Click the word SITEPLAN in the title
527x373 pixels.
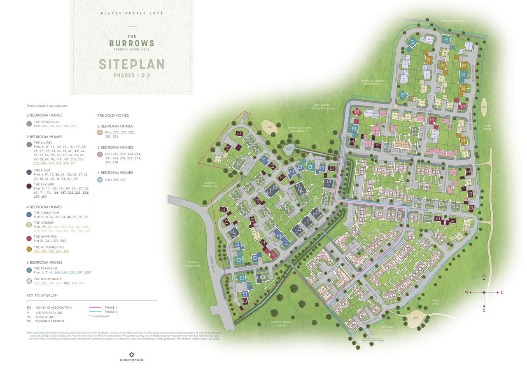point(131,64)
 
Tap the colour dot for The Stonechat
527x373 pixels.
point(29,124)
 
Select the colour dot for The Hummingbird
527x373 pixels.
point(29,249)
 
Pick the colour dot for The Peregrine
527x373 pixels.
point(29,270)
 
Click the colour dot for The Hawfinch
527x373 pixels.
point(29,238)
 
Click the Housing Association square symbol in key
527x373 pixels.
point(29,307)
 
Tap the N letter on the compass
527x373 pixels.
point(484,276)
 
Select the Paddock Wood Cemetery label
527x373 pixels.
point(281,324)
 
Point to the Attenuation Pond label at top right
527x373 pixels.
point(452,21)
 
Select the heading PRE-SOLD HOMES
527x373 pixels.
point(113,115)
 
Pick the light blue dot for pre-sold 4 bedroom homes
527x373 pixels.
point(100,180)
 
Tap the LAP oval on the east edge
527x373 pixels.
point(484,106)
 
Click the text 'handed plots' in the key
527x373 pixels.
point(100,316)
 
